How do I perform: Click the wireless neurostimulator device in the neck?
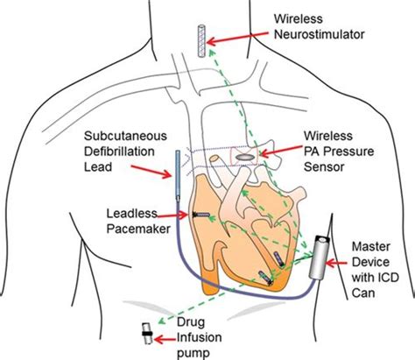pos(201,41)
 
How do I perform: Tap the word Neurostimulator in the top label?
pos(320,34)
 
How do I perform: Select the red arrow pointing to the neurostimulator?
pos(237,37)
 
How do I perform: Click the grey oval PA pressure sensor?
pos(244,157)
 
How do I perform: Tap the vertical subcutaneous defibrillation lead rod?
pos(178,175)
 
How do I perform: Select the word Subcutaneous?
pos(125,136)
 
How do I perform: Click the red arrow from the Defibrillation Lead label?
pos(151,172)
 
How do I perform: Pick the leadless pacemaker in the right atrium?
pos(201,215)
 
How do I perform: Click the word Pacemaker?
pos(138,229)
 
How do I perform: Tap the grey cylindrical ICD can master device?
pos(320,258)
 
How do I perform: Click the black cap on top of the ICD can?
pos(323,240)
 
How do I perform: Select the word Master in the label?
pos(371,247)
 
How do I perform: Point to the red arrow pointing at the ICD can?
pos(335,264)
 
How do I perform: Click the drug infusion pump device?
pos(147,334)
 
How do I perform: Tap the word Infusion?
pos(200,338)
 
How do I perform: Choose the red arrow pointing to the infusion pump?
pos(165,340)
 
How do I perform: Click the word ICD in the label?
pos(387,278)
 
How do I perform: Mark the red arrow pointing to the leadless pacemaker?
pos(172,215)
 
